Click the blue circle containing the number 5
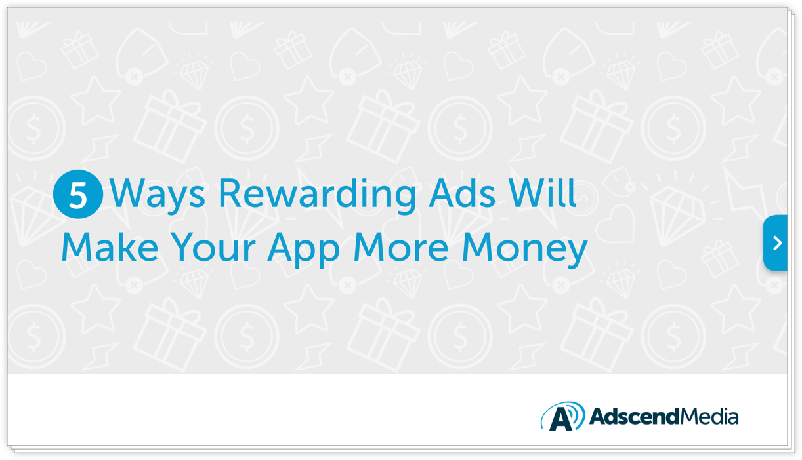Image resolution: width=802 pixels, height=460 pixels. [x=78, y=194]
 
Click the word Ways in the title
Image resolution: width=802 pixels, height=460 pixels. [x=158, y=195]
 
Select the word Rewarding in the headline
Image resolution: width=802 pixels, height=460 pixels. [x=317, y=195]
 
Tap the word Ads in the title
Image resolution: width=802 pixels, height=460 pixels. [x=462, y=193]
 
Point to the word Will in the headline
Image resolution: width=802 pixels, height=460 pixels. [x=543, y=193]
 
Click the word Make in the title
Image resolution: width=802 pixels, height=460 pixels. [x=110, y=247]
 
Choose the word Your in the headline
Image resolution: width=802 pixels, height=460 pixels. [x=213, y=247]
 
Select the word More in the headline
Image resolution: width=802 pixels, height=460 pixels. [x=400, y=247]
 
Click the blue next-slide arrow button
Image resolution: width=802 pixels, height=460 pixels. [x=775, y=243]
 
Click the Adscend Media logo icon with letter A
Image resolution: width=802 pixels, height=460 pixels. [x=563, y=416]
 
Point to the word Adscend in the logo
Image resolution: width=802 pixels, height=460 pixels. [x=634, y=417]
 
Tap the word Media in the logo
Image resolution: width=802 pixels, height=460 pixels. [x=709, y=417]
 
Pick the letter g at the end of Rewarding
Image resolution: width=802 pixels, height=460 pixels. [x=404, y=199]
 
